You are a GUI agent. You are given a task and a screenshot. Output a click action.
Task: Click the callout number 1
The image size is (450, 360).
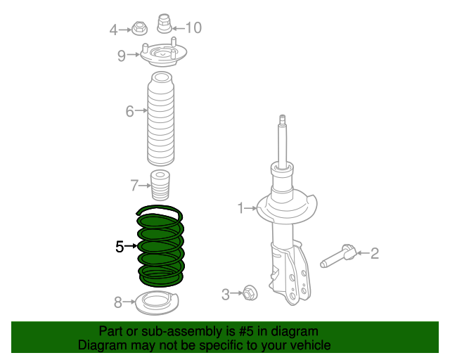tap(240, 208)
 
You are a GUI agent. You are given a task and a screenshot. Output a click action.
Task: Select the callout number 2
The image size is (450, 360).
tap(375, 253)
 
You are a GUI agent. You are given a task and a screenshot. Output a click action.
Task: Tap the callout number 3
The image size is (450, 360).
tap(226, 295)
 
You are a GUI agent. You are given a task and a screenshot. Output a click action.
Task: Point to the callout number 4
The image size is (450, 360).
tap(114, 30)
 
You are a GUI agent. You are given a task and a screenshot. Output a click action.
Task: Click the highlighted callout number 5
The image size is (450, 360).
tap(120, 246)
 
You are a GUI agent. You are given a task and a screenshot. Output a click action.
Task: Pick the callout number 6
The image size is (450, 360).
tap(129, 111)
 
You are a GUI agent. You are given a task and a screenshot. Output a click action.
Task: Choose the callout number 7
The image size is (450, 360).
tap(134, 186)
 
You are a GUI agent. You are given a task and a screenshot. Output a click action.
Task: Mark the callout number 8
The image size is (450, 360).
tap(118, 303)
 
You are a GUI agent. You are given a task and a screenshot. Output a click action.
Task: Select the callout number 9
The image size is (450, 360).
tap(122, 56)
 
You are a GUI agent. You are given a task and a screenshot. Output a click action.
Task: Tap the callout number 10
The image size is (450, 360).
tap(193, 27)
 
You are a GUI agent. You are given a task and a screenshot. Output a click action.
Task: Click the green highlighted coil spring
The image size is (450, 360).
tap(161, 246)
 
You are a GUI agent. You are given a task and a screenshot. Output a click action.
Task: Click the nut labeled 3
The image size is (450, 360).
tap(249, 292)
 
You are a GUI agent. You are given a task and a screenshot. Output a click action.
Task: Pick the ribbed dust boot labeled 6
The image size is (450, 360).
tap(161, 120)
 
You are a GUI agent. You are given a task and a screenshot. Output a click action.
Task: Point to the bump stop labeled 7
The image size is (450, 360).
tap(161, 185)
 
